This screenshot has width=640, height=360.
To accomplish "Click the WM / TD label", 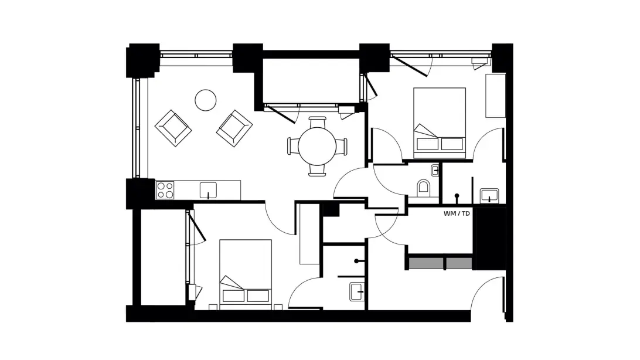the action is tap(457, 213).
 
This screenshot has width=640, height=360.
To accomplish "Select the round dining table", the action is tap(317, 146).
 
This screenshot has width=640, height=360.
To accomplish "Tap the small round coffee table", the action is tap(205, 100).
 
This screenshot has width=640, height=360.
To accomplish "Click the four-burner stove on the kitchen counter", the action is tap(165, 190).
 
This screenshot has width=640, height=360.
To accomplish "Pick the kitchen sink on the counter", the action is tap(208, 191).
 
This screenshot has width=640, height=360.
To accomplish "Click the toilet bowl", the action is tap(424, 188).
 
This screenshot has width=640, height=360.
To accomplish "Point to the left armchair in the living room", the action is tap(173, 128).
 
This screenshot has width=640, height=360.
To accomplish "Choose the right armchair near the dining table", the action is tap(234, 128).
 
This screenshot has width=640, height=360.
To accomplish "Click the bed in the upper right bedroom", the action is tap(440, 123).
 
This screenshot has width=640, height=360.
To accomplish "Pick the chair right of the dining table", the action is tap(342, 146).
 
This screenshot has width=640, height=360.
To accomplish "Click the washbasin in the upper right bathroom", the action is tap(489, 195).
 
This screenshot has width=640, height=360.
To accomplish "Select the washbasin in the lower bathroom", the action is tap(357, 292).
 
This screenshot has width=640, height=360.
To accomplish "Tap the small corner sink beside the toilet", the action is tap(435, 171).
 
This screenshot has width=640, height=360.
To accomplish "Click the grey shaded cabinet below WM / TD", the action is tap(440, 263).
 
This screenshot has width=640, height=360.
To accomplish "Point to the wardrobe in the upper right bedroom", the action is tap(495, 96).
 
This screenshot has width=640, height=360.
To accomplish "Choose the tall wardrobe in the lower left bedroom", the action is tap(309, 234).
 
